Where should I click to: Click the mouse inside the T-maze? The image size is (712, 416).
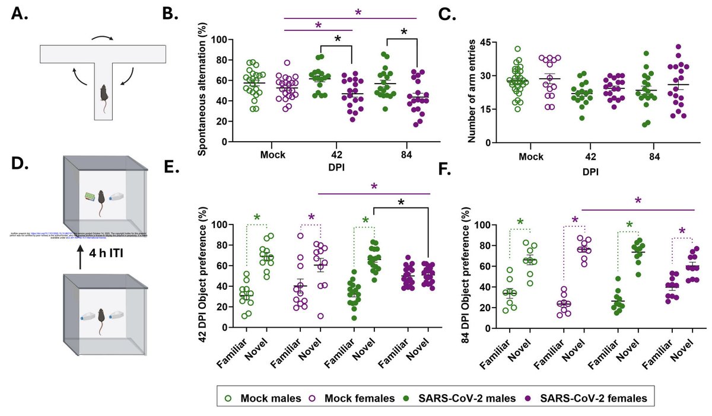[x=104, y=94]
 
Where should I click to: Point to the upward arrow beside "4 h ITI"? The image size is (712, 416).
[x=81, y=259]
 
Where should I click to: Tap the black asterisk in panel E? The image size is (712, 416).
[x=401, y=203]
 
